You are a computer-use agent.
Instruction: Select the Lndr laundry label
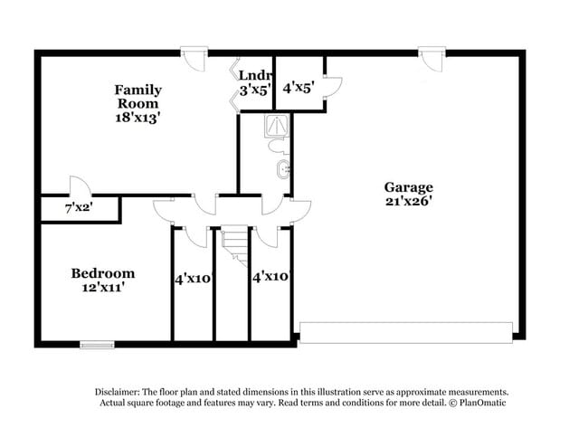pyautogui.click(x=253, y=75)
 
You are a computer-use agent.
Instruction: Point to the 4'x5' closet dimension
pyautogui.click(x=298, y=89)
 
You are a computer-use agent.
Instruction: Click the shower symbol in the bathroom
pyautogui.click(x=275, y=126)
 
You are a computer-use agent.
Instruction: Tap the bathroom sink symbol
pyautogui.click(x=285, y=168)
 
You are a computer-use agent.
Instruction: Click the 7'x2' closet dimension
pyautogui.click(x=80, y=208)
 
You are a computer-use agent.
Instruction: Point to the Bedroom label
pyautogui.click(x=103, y=273)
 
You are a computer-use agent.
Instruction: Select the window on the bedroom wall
pyautogui.click(x=97, y=344)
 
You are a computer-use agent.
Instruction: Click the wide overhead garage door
pyautogui.click(x=405, y=331)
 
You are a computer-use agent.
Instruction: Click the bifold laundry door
pyautogui.click(x=232, y=89)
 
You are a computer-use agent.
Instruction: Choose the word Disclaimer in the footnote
pyautogui.click(x=123, y=391)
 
